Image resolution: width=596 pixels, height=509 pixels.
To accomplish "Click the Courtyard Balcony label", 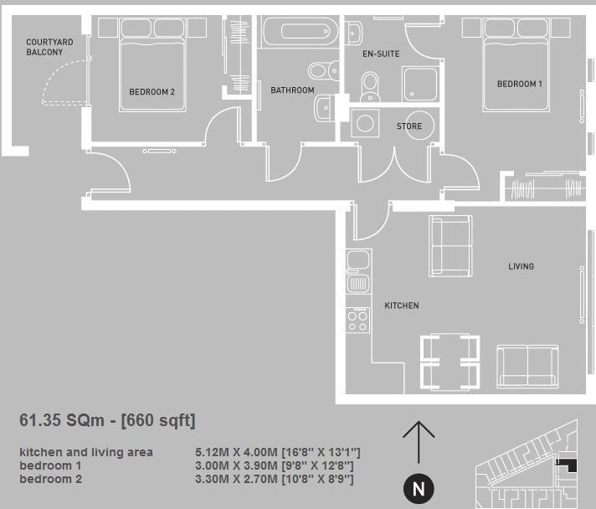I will [49, 46].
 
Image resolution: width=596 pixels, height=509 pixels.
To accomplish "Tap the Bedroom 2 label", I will [152, 92].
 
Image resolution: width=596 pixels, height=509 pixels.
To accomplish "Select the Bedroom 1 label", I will [519, 84].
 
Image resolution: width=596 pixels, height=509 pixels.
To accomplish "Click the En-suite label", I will [381, 54].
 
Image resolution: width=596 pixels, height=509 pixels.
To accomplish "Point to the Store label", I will [408, 126].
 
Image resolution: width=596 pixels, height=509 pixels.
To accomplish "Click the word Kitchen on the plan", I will [401, 306].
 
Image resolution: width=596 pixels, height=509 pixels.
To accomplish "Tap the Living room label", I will [521, 266].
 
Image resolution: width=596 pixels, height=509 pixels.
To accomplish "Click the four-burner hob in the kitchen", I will [357, 319].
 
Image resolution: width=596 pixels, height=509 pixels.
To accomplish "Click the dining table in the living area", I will [450, 360].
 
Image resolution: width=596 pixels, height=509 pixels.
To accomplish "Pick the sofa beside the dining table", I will [528, 364].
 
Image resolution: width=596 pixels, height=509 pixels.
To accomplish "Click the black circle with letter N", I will [419, 488].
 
